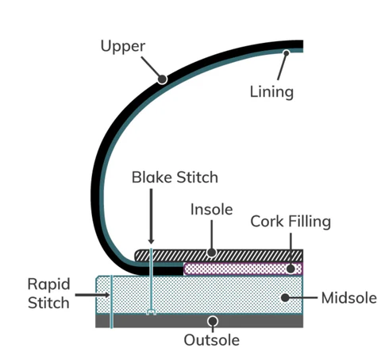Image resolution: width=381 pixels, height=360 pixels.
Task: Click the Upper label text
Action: point(123,47)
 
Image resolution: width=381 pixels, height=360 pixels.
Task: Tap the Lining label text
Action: point(271,92)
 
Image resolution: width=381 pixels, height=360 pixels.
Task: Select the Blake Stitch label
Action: point(175,177)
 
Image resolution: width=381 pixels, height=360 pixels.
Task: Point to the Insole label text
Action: point(212,210)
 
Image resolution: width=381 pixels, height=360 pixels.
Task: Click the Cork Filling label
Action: point(291,222)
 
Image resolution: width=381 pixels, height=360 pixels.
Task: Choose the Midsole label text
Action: point(349,298)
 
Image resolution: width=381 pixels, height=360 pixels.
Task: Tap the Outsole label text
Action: point(212,340)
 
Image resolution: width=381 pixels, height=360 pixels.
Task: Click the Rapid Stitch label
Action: point(49,293)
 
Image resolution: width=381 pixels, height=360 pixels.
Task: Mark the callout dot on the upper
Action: point(162,79)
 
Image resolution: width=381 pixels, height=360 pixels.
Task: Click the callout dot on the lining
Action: point(286,53)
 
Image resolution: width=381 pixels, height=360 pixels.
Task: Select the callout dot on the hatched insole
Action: point(211,253)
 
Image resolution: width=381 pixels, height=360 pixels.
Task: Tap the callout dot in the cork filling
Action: point(291,269)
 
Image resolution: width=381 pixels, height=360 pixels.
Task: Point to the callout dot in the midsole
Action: point(285,297)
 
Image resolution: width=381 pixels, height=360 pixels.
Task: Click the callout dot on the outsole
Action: point(213,321)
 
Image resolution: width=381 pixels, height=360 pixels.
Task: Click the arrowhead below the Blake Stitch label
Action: point(151,241)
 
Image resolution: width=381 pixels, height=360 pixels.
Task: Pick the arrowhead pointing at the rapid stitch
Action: point(106,295)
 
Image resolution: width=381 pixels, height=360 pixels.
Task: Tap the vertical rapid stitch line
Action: point(111,302)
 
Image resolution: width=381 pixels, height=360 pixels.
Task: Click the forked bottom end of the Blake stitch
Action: point(151,312)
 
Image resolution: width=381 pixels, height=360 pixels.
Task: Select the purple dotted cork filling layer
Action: point(243,269)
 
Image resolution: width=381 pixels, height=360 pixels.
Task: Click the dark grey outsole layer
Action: point(199,321)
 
